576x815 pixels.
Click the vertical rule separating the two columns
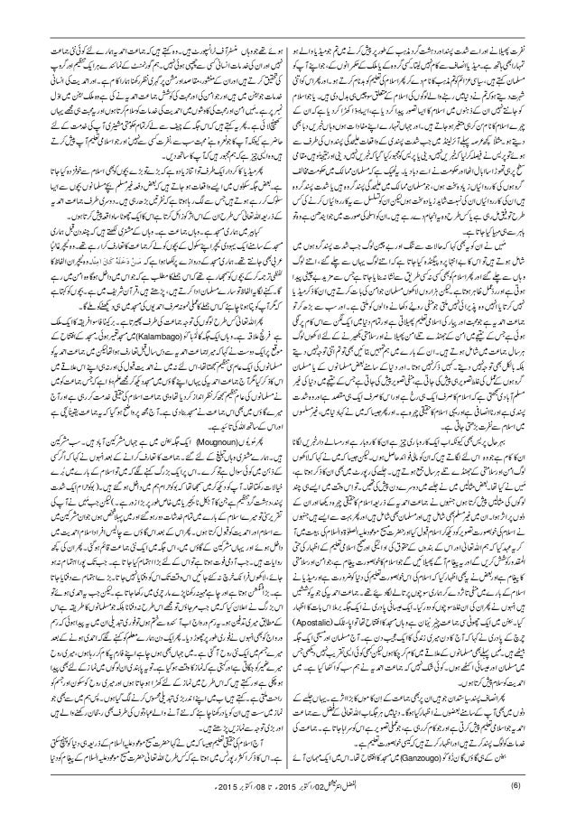pos(288,406)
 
